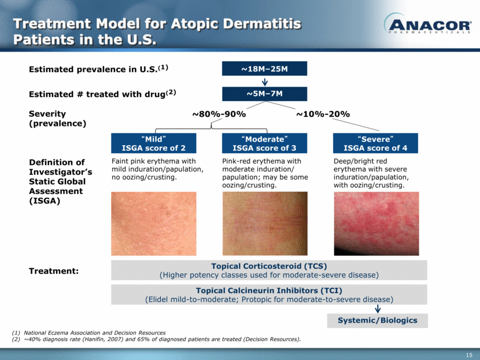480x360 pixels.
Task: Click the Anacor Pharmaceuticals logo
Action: click(427, 23)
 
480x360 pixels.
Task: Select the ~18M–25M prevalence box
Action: click(264, 69)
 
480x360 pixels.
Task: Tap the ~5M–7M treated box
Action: click(264, 94)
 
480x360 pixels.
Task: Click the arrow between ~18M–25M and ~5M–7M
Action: click(265, 81)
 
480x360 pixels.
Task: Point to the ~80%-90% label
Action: click(219, 114)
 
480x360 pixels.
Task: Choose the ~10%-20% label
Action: click(323, 114)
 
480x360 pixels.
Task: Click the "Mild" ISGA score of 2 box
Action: click(154, 143)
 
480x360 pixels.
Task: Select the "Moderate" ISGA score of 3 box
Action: click(264, 143)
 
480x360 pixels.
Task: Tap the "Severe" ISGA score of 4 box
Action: click(375, 143)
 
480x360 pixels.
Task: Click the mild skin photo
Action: click(154, 224)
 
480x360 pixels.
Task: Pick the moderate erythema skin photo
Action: click(265, 224)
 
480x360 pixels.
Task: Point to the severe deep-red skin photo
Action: click(376, 224)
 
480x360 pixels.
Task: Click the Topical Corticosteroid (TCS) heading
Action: click(269, 266)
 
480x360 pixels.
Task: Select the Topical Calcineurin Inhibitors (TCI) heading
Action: click(269, 291)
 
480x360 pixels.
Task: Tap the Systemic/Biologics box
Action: click(378, 321)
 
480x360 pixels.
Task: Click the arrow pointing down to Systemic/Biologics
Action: click(378, 309)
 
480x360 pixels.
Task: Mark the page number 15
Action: click(469, 355)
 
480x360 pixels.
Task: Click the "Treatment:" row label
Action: click(54, 271)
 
